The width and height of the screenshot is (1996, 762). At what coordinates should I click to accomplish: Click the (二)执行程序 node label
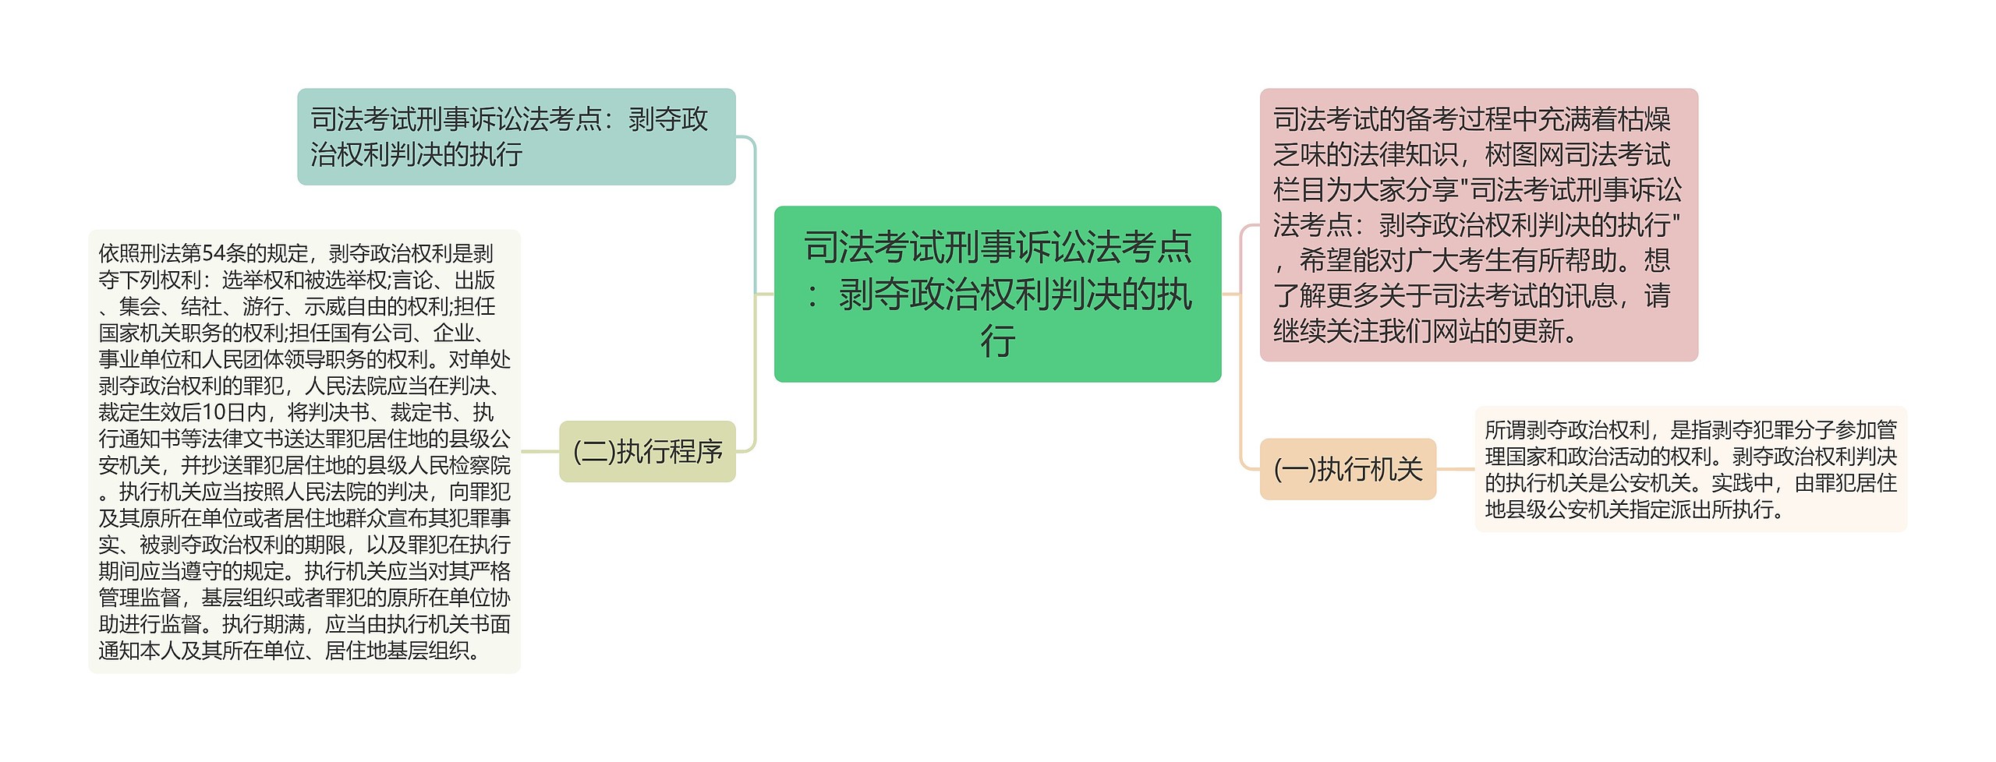(x=647, y=451)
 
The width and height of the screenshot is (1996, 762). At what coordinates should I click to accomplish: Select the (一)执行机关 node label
(x=1348, y=469)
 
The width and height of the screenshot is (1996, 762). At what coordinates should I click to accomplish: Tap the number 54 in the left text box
(x=213, y=253)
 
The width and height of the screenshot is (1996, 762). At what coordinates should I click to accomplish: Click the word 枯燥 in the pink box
(x=1644, y=120)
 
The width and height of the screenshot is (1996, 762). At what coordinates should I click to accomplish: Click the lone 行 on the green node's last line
(x=997, y=341)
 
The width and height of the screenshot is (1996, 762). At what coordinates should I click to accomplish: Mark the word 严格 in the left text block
(x=490, y=571)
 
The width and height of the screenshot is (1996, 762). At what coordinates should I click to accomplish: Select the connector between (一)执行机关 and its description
(x=1456, y=469)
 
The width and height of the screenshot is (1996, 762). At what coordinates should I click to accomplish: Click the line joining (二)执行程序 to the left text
(x=540, y=451)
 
